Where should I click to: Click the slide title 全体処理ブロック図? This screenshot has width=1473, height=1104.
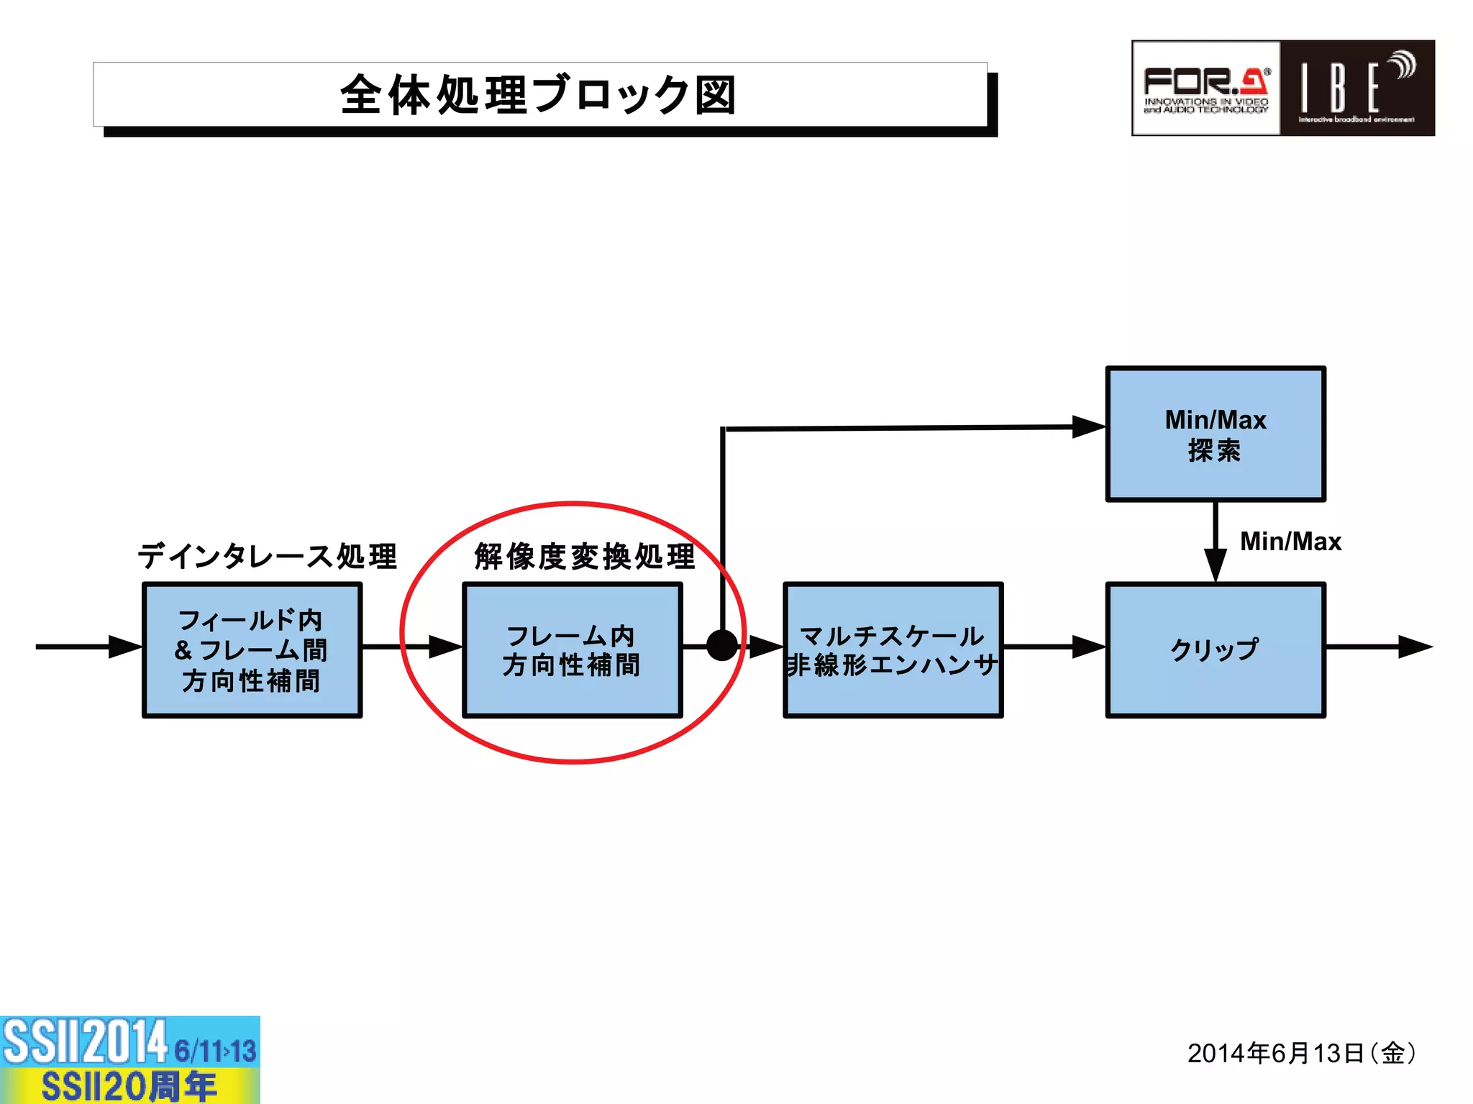point(539,95)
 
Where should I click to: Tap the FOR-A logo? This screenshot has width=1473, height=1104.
point(1206,88)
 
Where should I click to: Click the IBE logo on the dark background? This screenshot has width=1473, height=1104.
point(1357,88)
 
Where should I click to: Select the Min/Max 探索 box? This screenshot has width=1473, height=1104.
point(1215,434)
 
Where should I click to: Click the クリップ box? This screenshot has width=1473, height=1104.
point(1215,649)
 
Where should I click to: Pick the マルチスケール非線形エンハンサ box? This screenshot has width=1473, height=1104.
point(893,649)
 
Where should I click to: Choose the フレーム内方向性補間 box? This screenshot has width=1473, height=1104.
point(572,649)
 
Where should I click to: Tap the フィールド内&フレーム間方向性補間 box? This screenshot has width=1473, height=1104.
point(252,649)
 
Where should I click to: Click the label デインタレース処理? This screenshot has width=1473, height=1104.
point(267,556)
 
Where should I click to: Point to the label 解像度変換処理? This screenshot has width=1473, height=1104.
point(585,556)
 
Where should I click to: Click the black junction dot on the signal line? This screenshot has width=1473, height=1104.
point(722,645)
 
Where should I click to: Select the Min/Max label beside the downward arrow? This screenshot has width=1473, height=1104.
point(1290,541)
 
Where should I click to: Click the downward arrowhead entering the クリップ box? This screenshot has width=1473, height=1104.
point(1215,565)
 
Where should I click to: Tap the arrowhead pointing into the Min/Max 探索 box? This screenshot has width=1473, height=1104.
point(1088,426)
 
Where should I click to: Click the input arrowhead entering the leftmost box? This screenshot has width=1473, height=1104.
point(125,647)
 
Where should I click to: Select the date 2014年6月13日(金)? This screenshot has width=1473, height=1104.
point(1301,1053)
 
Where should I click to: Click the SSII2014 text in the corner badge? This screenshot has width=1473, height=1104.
point(85,1041)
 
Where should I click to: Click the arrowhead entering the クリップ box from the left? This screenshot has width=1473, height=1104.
point(1088,647)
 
